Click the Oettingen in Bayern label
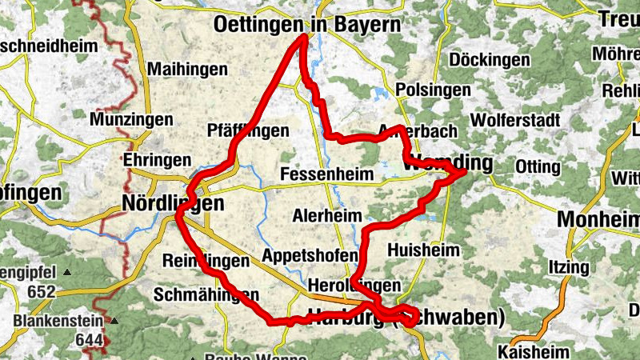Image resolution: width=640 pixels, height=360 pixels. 307,25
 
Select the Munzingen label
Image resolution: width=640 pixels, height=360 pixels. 131,119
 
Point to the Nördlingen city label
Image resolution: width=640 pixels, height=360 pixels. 172,204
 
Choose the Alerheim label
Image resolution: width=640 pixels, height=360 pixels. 327,215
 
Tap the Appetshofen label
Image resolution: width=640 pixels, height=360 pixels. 310,256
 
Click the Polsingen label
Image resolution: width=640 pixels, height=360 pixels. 434,90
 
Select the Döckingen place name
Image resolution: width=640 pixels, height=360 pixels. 490,59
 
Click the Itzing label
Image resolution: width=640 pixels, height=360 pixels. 568,266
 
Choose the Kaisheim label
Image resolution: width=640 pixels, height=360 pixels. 533,351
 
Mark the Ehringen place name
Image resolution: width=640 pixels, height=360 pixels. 157,159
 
